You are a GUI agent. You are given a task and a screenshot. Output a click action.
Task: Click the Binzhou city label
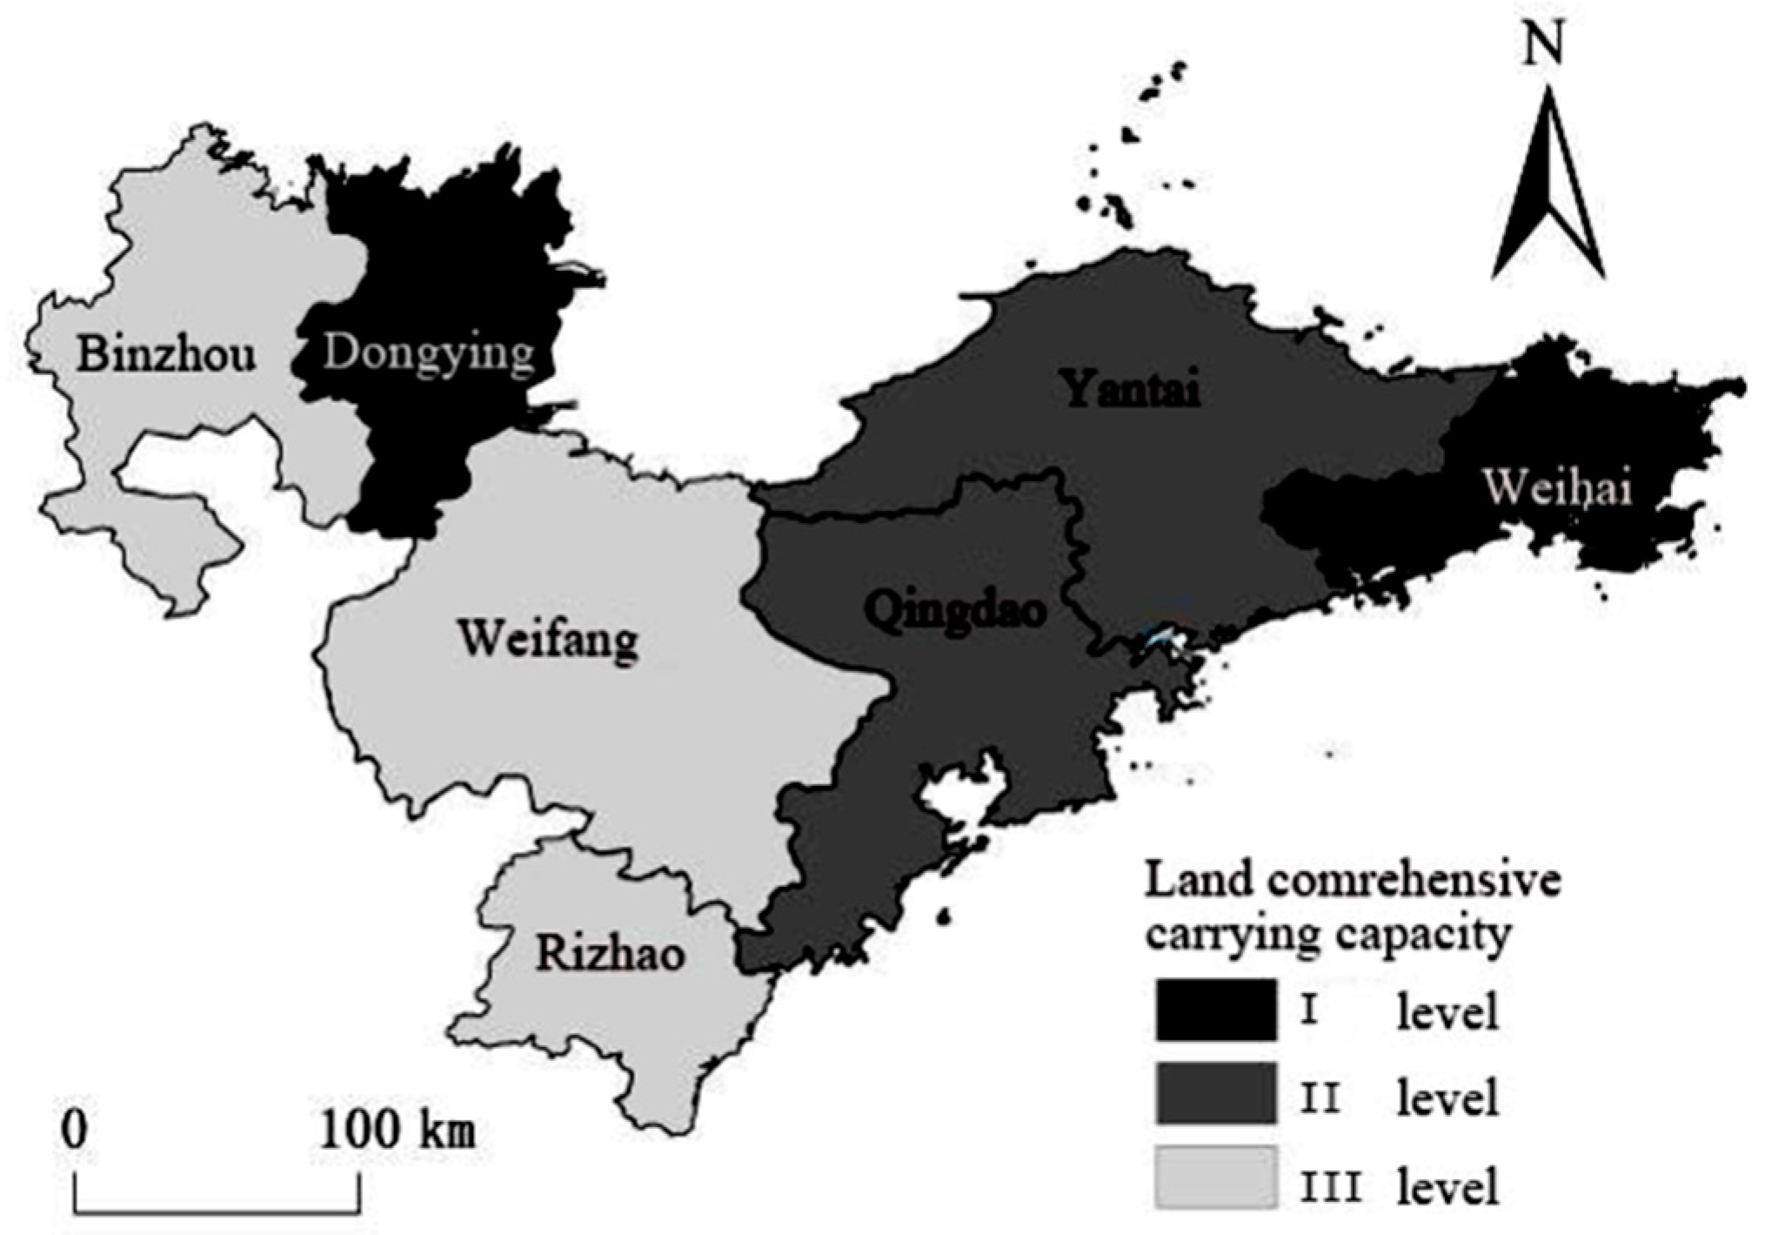[x=166, y=355]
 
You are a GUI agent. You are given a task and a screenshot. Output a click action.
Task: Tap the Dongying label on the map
[x=428, y=354]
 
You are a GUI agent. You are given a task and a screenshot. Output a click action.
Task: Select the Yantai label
[x=1132, y=388]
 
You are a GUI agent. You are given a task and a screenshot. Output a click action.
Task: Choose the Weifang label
[x=548, y=641]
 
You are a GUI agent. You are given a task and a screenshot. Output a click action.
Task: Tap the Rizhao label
[x=610, y=954]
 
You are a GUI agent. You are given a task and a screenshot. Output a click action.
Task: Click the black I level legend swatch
[x=1215, y=1010]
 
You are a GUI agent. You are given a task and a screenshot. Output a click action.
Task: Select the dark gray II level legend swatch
[x=1215, y=1094]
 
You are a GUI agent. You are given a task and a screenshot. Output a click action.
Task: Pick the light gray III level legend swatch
[x=1215, y=1177]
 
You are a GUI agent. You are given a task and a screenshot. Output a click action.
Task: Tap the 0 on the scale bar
[x=75, y=1131]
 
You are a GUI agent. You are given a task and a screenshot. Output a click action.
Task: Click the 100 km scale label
[x=399, y=1131]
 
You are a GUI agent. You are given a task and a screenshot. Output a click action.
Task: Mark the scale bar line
[x=217, y=1210]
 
